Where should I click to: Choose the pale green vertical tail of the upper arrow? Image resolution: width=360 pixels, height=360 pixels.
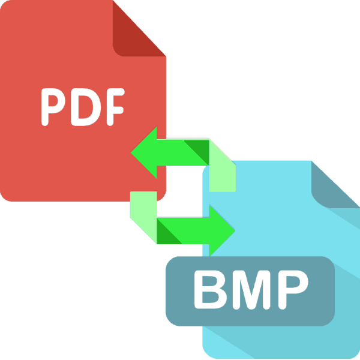pos(223,171)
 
